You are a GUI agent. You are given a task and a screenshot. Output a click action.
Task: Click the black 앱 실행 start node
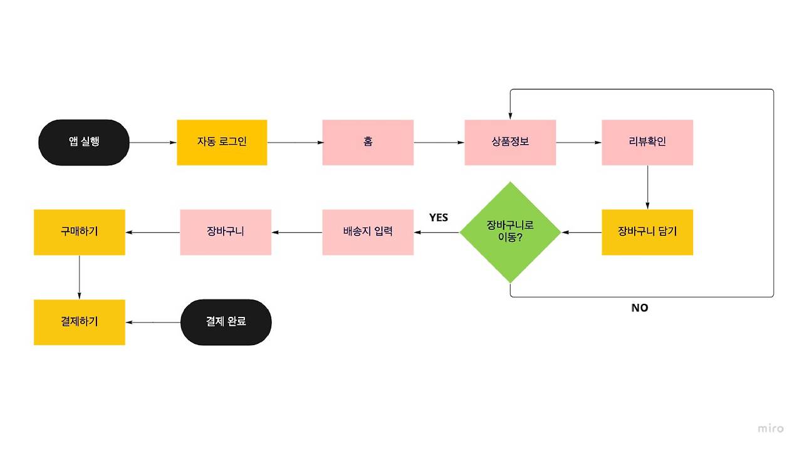tap(84, 142)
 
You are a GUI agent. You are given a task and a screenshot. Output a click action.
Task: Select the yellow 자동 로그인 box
tap(222, 142)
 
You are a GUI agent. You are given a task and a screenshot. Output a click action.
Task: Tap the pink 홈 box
tap(368, 142)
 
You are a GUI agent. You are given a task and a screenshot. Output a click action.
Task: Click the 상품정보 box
tap(510, 142)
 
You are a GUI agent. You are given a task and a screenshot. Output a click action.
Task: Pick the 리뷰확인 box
tap(647, 142)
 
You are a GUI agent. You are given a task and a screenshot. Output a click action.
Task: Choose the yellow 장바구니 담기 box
tap(647, 232)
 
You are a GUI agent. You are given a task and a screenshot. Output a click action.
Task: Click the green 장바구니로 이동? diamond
tap(510, 232)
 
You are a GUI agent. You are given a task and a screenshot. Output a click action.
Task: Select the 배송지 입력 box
tap(368, 232)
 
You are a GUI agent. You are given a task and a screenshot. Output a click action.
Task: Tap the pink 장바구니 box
tap(226, 232)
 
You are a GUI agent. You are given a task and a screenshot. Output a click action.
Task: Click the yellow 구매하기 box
tap(80, 232)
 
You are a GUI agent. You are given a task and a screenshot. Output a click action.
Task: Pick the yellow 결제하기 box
tap(80, 322)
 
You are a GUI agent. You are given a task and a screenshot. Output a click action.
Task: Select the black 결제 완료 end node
tap(226, 322)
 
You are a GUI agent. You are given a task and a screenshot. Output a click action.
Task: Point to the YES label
tap(439, 218)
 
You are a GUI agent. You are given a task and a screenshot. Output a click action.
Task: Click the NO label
tap(640, 308)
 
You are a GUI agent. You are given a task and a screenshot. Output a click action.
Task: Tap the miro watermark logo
tap(771, 428)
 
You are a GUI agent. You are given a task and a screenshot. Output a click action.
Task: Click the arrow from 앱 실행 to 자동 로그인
tap(153, 143)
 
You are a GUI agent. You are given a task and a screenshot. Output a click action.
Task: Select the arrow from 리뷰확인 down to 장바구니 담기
tap(647, 187)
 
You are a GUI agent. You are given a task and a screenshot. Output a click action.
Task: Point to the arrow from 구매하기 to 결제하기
tap(80, 277)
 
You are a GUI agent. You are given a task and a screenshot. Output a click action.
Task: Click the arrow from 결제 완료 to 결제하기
tap(153, 323)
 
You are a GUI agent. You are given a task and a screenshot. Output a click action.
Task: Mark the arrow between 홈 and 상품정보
tap(439, 143)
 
